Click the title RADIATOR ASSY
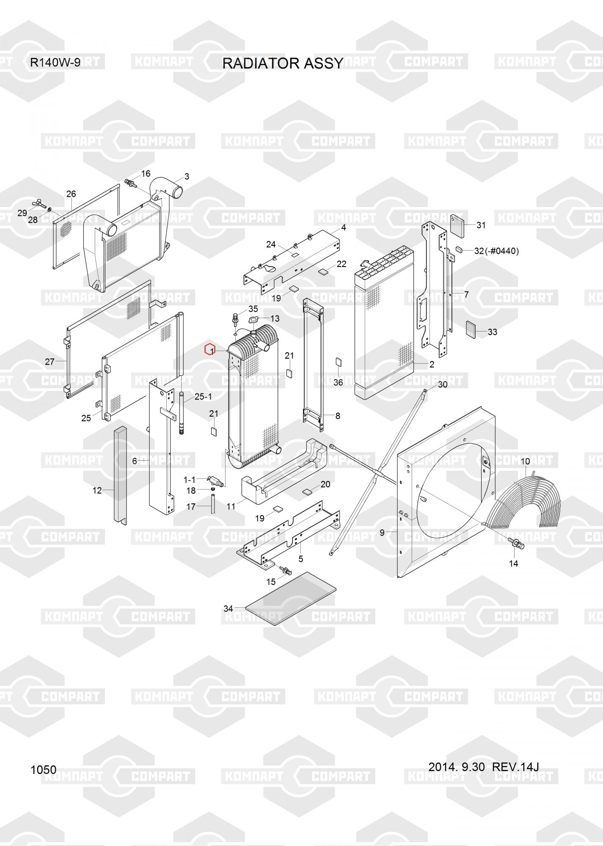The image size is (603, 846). pos(283,63)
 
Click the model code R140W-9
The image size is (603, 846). pos(55,63)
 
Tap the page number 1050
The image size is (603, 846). pos(44,769)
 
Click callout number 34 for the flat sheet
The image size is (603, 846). pos(228,609)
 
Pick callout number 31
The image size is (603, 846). pos(481,225)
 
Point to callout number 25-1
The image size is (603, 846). pos(203,397)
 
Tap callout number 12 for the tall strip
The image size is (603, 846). pos(97,490)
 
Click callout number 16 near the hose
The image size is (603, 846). pos(146,173)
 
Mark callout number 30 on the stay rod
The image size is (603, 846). pos(442,384)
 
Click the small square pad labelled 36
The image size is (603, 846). pos(338,362)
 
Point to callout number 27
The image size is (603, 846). pos(50,362)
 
